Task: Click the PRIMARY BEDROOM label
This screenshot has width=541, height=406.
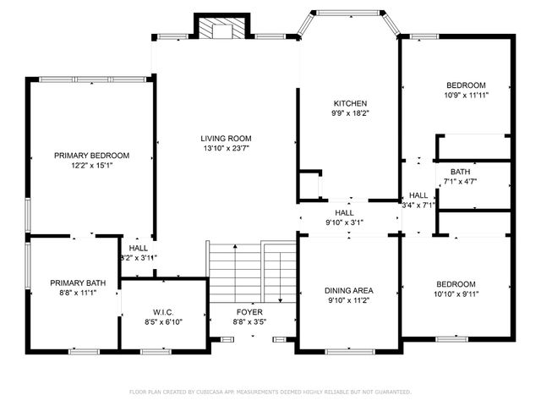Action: point(91,155)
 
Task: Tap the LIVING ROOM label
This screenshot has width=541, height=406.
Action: point(226,139)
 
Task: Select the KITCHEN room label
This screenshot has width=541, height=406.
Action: point(349,103)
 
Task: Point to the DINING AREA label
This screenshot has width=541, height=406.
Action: point(349,289)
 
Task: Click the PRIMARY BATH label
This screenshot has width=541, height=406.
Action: point(72,283)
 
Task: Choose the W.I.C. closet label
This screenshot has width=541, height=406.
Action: point(163,310)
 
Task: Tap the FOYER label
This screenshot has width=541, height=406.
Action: point(249,310)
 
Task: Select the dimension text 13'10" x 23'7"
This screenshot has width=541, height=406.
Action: point(226,149)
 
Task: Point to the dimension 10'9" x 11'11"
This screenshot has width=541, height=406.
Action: point(466,96)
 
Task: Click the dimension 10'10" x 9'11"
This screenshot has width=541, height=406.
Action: point(456,294)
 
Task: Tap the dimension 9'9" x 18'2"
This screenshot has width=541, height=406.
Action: point(349,113)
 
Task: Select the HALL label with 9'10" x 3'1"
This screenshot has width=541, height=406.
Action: point(344,213)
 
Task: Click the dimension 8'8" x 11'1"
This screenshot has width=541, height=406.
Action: point(72,293)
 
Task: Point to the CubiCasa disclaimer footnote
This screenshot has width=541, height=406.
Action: point(270,392)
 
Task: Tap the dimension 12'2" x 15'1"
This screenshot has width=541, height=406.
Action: point(91,165)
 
